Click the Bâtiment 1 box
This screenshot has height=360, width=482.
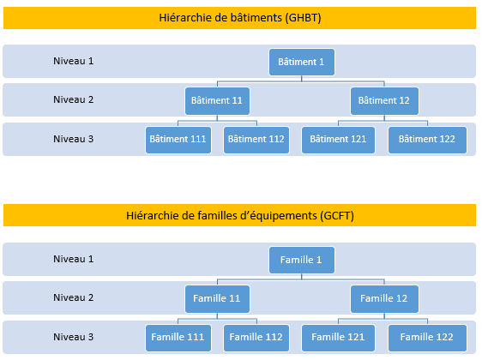[x=302, y=62]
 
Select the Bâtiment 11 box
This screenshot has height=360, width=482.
[x=217, y=101]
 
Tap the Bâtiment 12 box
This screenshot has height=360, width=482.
[x=384, y=101]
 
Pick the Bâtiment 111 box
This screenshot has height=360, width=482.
[x=178, y=140]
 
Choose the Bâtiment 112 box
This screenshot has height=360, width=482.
[x=256, y=140]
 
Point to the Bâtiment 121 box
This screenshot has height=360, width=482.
[x=338, y=140]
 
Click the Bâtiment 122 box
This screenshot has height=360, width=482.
[x=427, y=140]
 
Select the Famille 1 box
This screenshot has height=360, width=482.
[x=302, y=261]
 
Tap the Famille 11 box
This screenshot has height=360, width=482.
[x=217, y=299]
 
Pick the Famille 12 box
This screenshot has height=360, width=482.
[x=384, y=299]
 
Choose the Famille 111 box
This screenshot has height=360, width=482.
[x=178, y=338]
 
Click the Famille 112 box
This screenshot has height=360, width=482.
[x=256, y=338]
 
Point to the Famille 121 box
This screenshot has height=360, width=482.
[x=338, y=338]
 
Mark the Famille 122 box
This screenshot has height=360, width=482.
[x=427, y=338]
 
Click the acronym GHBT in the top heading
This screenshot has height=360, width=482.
[x=303, y=18]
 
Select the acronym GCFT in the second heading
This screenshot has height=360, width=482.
[x=337, y=216]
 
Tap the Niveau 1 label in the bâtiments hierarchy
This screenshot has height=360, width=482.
[x=73, y=61]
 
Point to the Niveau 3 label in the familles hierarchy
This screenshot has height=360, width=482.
[x=73, y=337]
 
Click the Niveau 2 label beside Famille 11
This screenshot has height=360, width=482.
[x=73, y=297]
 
